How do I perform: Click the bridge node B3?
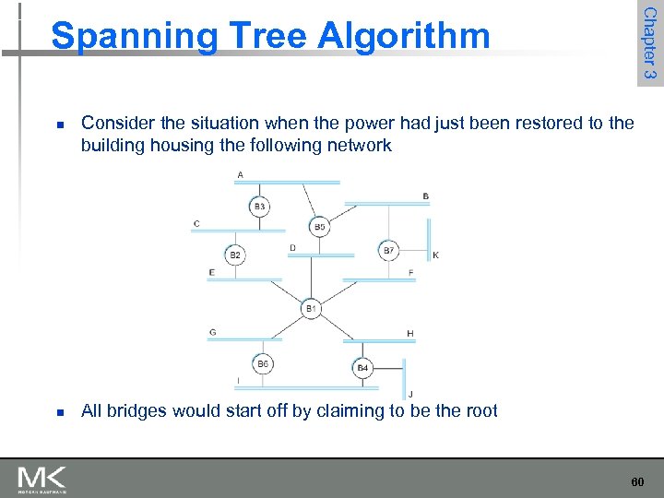point(260,207)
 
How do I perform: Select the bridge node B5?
point(319,226)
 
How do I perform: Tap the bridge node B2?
point(235,255)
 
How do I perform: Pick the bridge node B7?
point(388,250)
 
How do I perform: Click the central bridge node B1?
point(311,308)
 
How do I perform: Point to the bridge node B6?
point(263,364)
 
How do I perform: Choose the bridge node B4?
point(362,368)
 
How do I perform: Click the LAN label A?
point(241,174)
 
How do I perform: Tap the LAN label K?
point(436,255)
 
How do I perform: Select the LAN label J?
point(410,394)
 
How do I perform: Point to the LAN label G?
point(213,332)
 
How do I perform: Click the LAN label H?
point(409,333)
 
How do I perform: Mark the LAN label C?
point(196,223)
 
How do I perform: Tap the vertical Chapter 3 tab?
point(649,42)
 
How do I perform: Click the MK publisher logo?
point(41,478)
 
